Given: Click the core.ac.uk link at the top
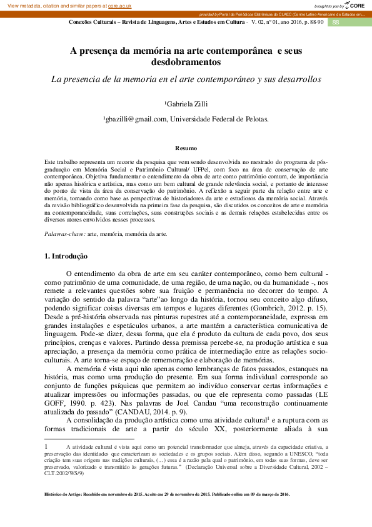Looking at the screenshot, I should pos(120,5).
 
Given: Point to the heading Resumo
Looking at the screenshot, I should pos(186,148).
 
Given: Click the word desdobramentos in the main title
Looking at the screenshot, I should pos(186,63).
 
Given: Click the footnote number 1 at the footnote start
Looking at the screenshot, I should pos(46,447).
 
